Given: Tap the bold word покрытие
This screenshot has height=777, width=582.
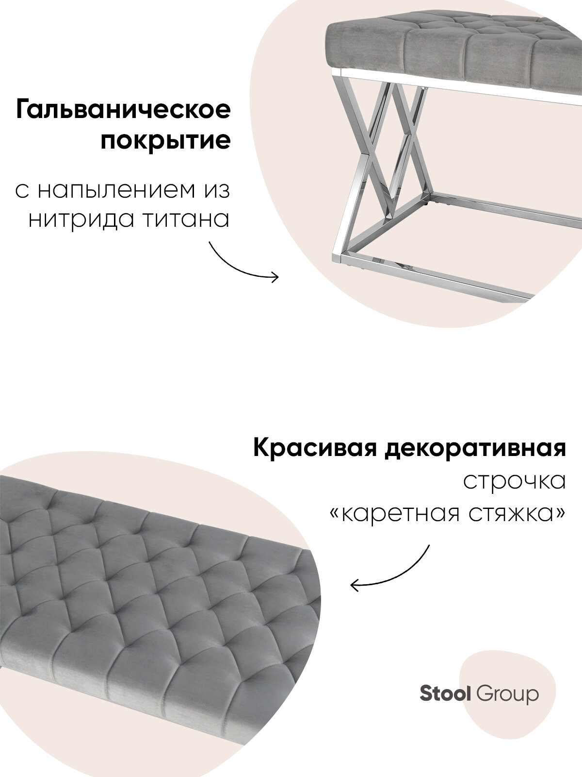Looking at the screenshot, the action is tap(165, 141).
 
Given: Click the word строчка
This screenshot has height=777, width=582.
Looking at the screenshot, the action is tap(515, 481).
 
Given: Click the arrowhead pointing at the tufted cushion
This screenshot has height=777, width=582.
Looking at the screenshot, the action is tap(354, 585).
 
